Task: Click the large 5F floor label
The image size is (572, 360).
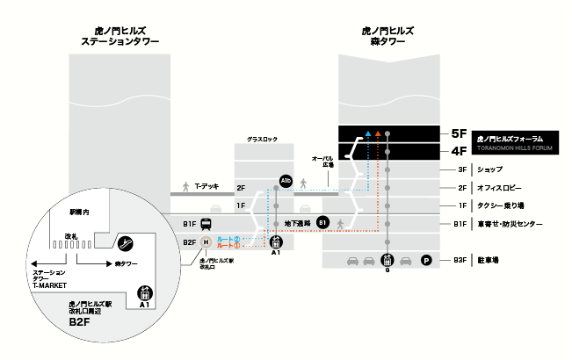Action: [458, 134]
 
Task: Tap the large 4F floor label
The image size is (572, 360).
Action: [458, 150]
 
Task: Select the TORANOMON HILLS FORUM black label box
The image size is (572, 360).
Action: [519, 142]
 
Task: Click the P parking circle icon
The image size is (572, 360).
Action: [426, 260]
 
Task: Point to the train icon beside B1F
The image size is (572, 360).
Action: [204, 223]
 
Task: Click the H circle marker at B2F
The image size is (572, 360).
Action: [206, 242]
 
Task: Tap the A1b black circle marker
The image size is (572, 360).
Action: [285, 181]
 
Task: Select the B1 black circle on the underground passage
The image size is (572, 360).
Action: [322, 222]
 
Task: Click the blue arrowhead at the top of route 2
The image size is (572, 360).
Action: [368, 134]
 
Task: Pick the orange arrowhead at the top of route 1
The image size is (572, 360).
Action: [378, 134]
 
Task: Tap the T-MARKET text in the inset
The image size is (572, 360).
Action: [50, 285]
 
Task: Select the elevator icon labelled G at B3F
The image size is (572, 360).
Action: [387, 261]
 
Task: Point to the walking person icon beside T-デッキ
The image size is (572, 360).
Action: [185, 187]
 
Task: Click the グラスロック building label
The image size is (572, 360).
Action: [262, 140]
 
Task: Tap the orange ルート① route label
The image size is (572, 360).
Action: [228, 246]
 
